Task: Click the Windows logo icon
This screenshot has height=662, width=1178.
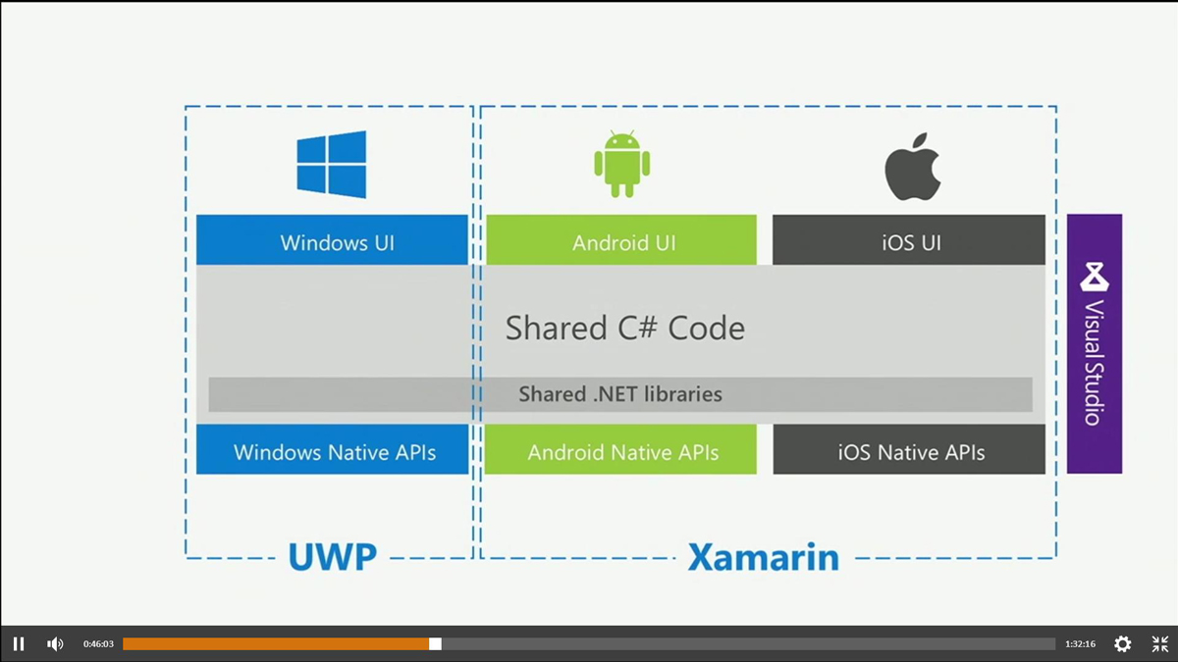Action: click(x=332, y=165)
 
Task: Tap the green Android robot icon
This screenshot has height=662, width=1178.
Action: click(x=621, y=164)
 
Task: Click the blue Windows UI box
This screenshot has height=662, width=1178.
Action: click(x=332, y=240)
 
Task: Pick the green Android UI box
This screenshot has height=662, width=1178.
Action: click(x=621, y=240)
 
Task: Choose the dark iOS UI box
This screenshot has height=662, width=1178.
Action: click(x=909, y=240)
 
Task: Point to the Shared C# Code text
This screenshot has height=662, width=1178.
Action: click(x=624, y=328)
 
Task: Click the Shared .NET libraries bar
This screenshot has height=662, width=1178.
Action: click(x=620, y=394)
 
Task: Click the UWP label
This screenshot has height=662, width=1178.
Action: click(x=332, y=557)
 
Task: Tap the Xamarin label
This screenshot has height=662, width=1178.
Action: click(x=763, y=557)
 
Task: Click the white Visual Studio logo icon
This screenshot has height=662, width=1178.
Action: click(x=1095, y=277)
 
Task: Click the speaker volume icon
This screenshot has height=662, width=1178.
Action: click(x=55, y=644)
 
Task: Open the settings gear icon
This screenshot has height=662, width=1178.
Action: click(x=1123, y=644)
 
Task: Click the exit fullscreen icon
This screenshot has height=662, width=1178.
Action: click(x=1160, y=644)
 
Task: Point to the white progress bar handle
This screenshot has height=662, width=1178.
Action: click(x=435, y=644)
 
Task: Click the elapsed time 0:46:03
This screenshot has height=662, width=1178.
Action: click(x=98, y=644)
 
